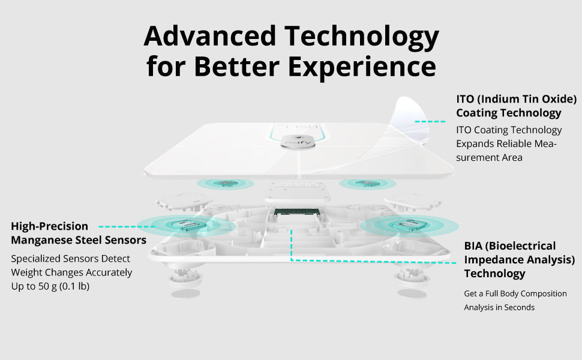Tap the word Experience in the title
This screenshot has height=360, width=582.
click(362, 67)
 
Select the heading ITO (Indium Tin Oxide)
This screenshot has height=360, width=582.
click(517, 100)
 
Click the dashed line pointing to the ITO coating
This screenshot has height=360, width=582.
click(430, 121)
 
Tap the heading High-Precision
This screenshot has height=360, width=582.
click(49, 226)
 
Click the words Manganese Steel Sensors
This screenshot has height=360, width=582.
click(79, 240)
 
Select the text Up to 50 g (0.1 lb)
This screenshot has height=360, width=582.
click(50, 287)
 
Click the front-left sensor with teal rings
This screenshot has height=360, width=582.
click(185, 225)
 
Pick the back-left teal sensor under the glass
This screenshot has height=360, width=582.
click(226, 184)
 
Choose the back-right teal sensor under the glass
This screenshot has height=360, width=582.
click(367, 184)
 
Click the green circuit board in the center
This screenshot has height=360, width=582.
click(296, 212)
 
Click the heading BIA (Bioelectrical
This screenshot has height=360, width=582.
click(509, 246)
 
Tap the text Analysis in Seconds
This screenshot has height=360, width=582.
click(499, 307)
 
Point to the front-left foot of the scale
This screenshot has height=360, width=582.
click(185, 278)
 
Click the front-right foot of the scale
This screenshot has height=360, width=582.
click(412, 278)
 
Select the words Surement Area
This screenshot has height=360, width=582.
click(489, 158)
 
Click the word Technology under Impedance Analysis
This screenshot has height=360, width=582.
click(494, 274)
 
